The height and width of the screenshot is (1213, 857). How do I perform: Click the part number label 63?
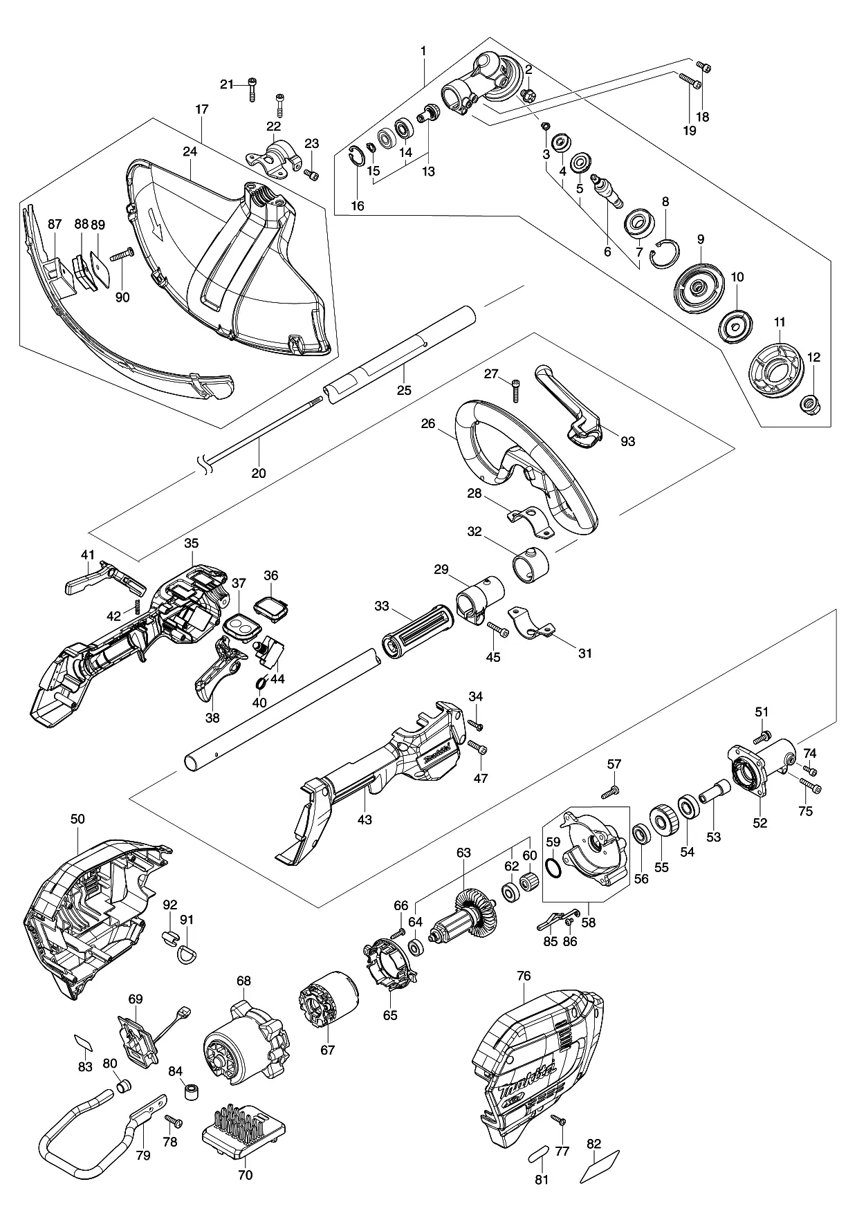(463, 853)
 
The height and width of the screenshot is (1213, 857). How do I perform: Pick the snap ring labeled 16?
(356, 158)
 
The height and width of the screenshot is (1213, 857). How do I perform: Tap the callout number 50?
(77, 820)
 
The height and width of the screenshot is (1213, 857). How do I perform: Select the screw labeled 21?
(252, 91)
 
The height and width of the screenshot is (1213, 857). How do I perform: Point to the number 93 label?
(627, 441)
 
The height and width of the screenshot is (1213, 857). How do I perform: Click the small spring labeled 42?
(137, 606)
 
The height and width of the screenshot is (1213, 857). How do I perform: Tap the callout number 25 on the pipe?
(404, 391)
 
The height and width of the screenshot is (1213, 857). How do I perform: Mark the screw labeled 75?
(811, 785)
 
